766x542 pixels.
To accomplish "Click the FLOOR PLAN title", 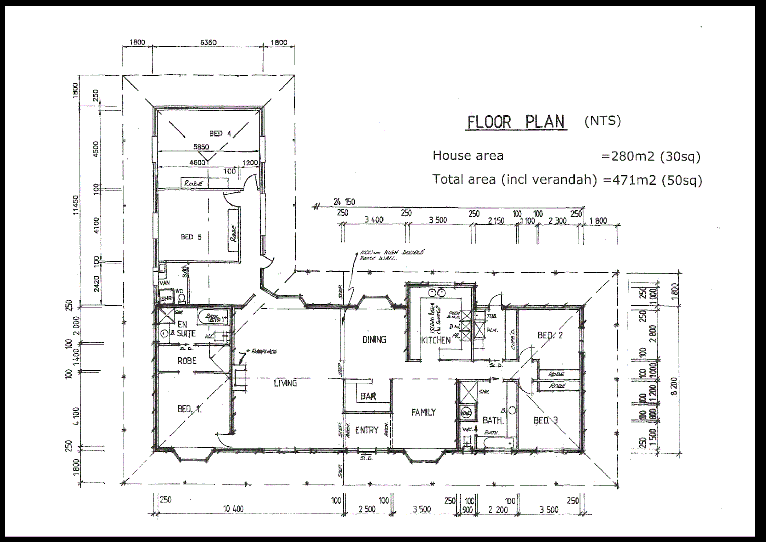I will [x=516, y=122].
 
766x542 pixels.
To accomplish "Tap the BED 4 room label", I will [x=220, y=133].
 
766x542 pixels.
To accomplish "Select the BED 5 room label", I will [x=191, y=237].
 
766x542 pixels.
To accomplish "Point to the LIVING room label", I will [x=285, y=383].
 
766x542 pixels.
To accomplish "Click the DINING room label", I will [x=374, y=340].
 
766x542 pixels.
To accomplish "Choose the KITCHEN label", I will [x=436, y=340].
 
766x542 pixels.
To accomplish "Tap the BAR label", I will [x=368, y=397].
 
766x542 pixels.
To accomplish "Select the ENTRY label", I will [x=367, y=430].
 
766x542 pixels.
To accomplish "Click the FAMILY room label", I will [x=423, y=412].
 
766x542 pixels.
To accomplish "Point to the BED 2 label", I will [x=550, y=335].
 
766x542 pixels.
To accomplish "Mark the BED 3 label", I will [x=545, y=420].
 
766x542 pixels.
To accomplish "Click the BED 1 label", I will [x=189, y=409].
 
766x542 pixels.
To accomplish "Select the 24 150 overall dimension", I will [x=344, y=202].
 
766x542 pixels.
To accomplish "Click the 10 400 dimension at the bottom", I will [x=233, y=509].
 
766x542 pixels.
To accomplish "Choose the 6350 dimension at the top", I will [x=208, y=43].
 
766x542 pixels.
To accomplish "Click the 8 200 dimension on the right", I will [x=674, y=386].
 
